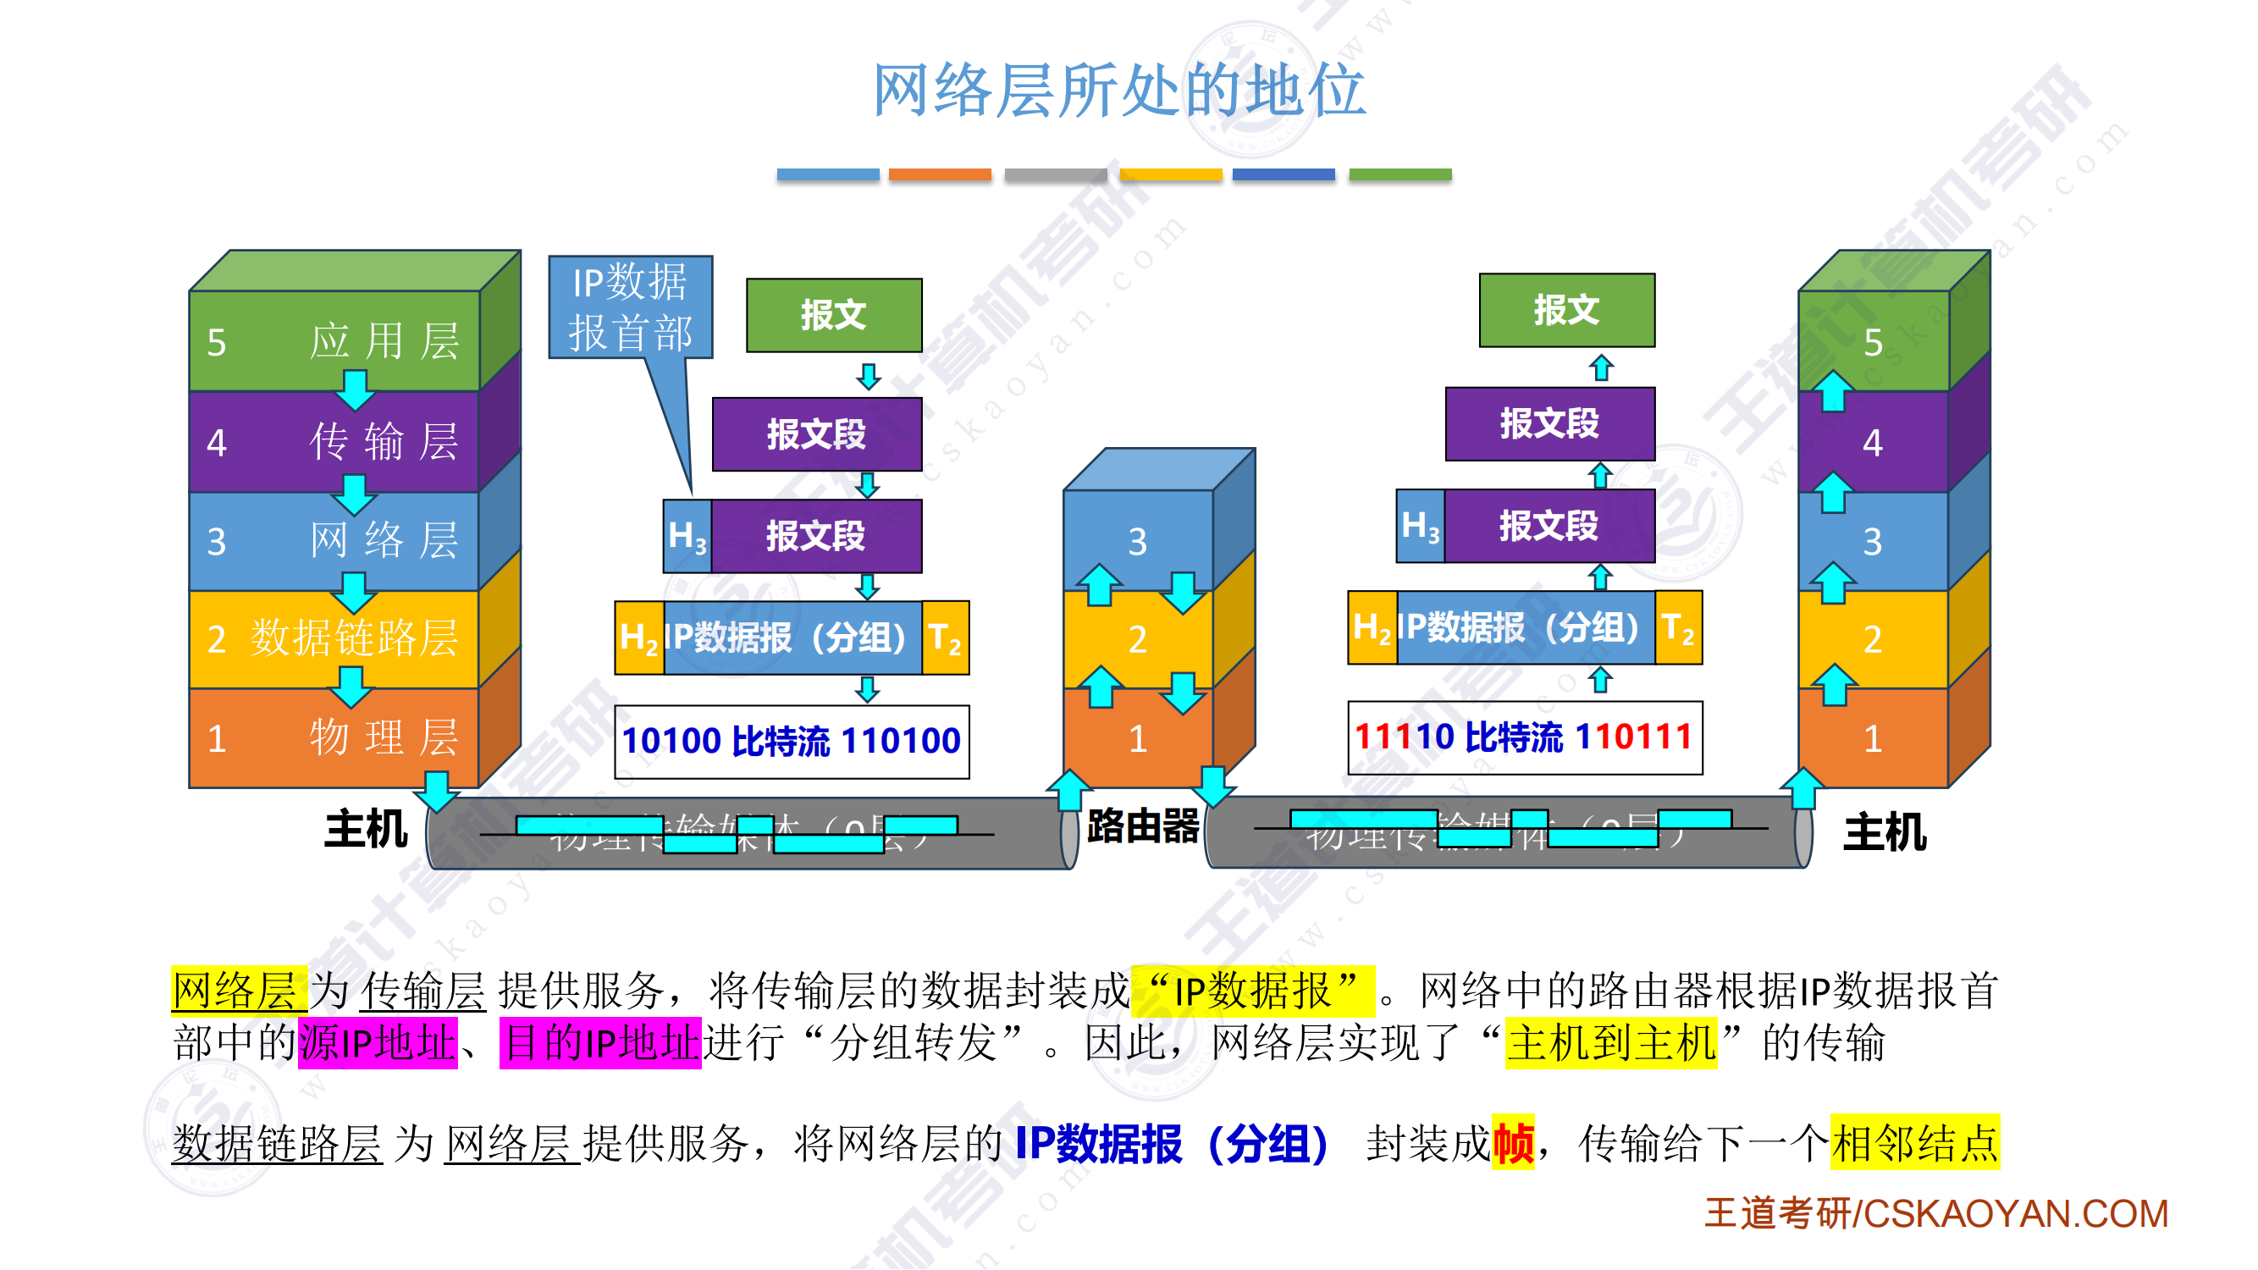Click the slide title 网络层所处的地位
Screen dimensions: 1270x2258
point(1119,91)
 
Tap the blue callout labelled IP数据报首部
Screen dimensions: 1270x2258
point(630,306)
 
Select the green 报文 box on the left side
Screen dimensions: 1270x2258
point(834,315)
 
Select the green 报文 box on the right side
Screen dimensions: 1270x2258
point(1566,309)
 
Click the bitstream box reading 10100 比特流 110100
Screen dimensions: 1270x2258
point(792,742)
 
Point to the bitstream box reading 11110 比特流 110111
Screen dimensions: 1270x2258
point(1524,737)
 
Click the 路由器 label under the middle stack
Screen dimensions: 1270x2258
point(1142,825)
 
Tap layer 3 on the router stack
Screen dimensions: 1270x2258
point(1138,541)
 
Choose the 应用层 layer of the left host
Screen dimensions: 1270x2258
point(334,341)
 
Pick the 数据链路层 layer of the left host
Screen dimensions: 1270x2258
point(334,638)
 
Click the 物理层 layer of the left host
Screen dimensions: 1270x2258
point(334,737)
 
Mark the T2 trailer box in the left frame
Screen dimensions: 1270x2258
point(945,638)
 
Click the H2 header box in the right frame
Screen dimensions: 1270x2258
point(1372,627)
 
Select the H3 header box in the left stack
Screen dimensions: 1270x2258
point(687,536)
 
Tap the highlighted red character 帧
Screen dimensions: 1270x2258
point(1513,1144)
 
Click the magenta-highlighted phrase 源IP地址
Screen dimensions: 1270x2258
point(378,1043)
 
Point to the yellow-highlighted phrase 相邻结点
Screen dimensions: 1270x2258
point(1914,1144)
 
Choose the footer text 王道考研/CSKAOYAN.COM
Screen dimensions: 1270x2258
point(1936,1214)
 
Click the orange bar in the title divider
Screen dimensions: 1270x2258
point(940,174)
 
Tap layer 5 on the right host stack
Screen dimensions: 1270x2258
point(1873,342)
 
